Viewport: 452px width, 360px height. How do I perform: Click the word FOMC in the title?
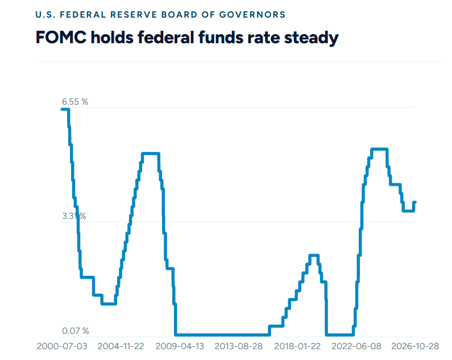click(61, 38)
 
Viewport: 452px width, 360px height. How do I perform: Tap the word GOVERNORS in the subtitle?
click(252, 15)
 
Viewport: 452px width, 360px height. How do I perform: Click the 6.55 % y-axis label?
click(75, 102)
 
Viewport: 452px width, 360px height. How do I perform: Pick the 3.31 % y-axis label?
click(74, 216)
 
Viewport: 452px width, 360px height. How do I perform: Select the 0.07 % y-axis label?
click(76, 331)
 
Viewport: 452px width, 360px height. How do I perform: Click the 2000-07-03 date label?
click(62, 346)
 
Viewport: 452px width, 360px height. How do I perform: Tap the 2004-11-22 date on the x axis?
click(121, 346)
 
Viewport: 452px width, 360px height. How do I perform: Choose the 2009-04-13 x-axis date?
click(180, 346)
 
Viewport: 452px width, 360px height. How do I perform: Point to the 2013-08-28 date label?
click(239, 346)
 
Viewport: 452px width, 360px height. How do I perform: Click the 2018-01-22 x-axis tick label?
click(297, 346)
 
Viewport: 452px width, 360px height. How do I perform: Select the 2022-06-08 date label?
click(356, 346)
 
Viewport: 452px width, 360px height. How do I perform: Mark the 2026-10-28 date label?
click(415, 346)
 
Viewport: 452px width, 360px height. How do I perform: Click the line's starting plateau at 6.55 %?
click(65, 109)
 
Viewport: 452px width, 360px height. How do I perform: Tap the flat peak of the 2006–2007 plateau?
click(151, 154)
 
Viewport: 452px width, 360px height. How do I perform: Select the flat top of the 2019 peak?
click(314, 255)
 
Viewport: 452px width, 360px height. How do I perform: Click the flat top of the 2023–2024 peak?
click(379, 149)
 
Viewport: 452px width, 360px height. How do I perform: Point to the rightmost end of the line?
click(415, 202)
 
